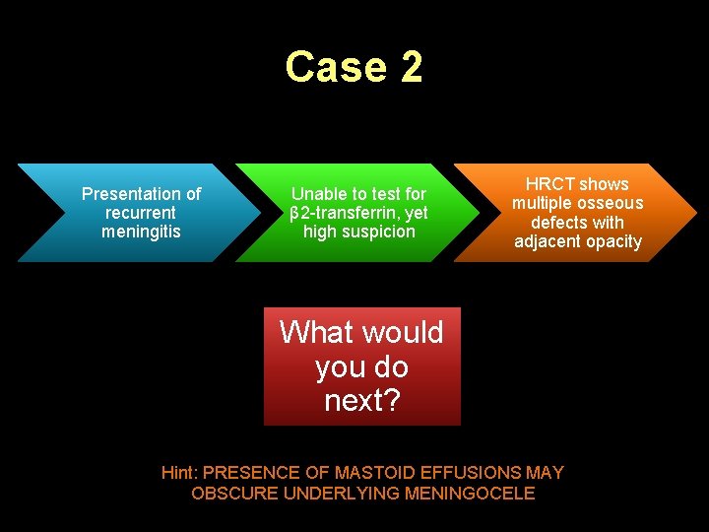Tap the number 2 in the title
click(x=411, y=67)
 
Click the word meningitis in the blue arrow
click(x=141, y=232)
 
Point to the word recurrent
click(x=141, y=213)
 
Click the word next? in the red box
click(x=361, y=401)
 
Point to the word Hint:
click(x=179, y=473)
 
